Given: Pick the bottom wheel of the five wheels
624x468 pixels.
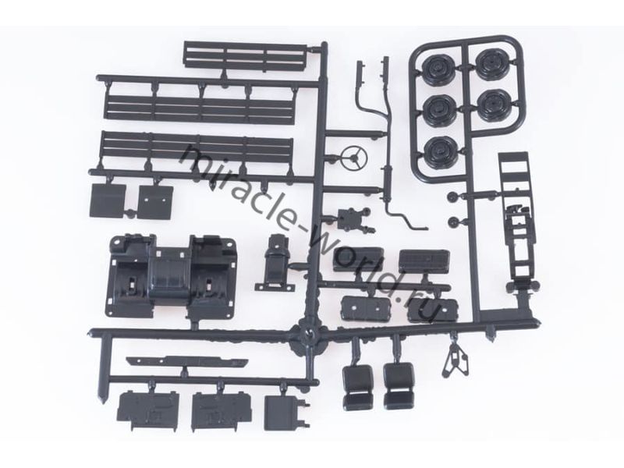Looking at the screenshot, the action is (439, 151).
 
